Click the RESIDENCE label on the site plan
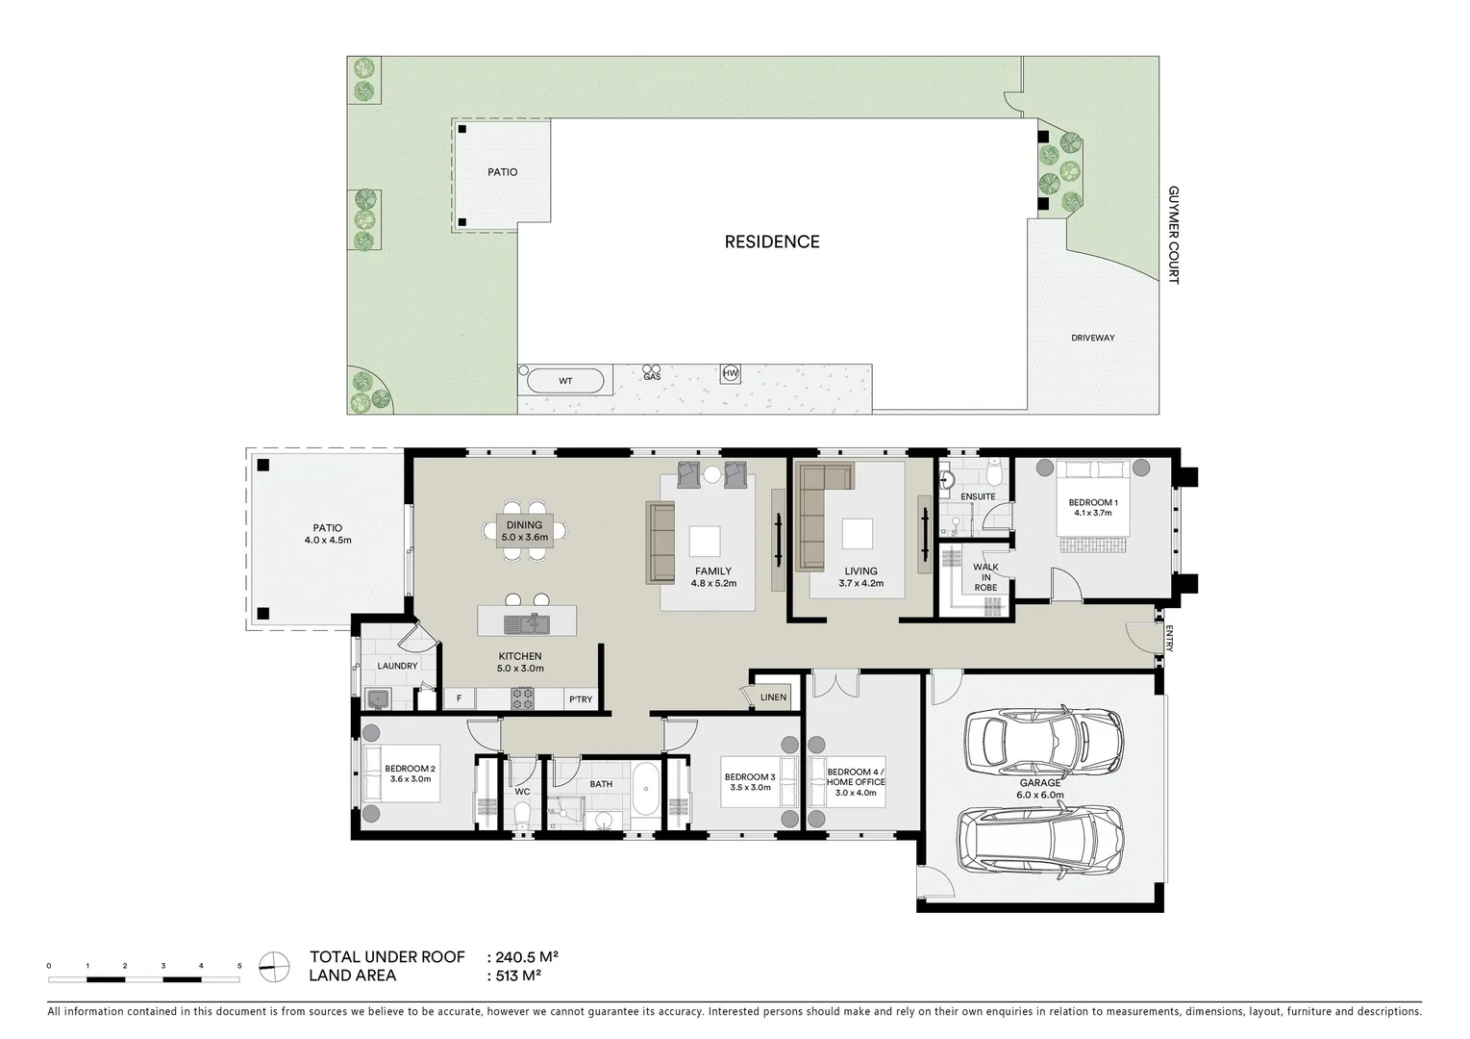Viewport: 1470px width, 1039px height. click(x=771, y=242)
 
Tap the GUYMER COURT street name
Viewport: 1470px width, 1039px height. click(x=1173, y=235)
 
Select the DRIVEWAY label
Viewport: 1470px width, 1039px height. click(x=1092, y=338)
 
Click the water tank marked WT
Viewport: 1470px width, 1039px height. click(x=565, y=381)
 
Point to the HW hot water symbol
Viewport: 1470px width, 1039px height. click(x=731, y=373)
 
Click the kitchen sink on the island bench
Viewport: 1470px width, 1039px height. click(x=526, y=623)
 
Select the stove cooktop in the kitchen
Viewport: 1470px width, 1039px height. click(x=522, y=698)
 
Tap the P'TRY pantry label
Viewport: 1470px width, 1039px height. click(x=581, y=699)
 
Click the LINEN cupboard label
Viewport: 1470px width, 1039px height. click(x=773, y=697)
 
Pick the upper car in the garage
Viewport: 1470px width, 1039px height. click(x=1043, y=740)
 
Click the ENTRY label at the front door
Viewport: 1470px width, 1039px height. click(x=1169, y=640)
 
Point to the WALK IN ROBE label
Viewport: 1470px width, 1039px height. click(x=985, y=577)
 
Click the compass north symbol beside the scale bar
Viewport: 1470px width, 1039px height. click(x=274, y=967)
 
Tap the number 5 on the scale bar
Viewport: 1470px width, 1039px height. click(x=238, y=965)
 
